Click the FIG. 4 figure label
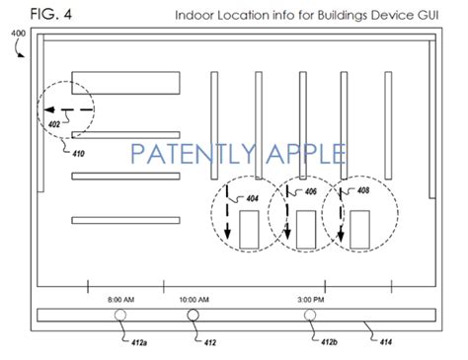(51, 14)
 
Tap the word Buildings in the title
(342, 16)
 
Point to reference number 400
(18, 34)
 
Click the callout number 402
(54, 124)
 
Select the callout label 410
(78, 154)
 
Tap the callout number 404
(253, 198)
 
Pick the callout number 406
(311, 191)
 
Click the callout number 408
(363, 190)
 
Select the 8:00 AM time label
(120, 300)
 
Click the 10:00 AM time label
(194, 300)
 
